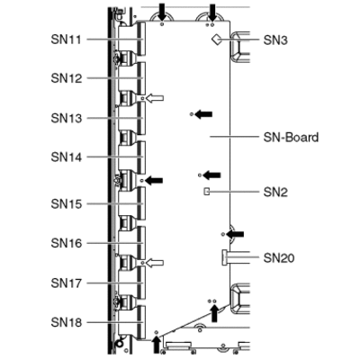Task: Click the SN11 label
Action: pyautogui.click(x=66, y=40)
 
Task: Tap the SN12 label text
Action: pyautogui.click(x=67, y=78)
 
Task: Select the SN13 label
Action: pyautogui.click(x=67, y=118)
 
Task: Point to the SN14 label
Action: pyautogui.click(x=67, y=157)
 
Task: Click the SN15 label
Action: pyautogui.click(x=67, y=204)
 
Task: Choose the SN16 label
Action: pyautogui.click(x=67, y=243)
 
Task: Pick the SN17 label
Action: pyautogui.click(x=67, y=283)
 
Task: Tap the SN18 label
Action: pyautogui.click(x=67, y=322)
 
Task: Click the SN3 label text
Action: pyautogui.click(x=275, y=40)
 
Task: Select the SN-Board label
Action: pyautogui.click(x=291, y=138)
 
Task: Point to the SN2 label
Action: pyautogui.click(x=275, y=192)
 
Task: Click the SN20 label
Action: pyautogui.click(x=279, y=257)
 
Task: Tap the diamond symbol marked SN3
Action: pyautogui.click(x=216, y=40)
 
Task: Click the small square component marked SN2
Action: pyautogui.click(x=206, y=191)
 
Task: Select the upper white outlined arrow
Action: pyautogui.click(x=155, y=98)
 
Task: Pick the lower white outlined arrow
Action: pyautogui.click(x=155, y=263)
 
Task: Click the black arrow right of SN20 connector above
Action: pyautogui.click(x=235, y=234)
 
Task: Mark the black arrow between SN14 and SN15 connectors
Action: pyautogui.click(x=154, y=180)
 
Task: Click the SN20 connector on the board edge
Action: pyautogui.click(x=224, y=257)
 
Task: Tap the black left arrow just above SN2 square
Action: pyautogui.click(x=211, y=175)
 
